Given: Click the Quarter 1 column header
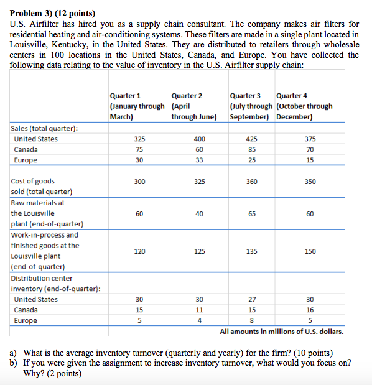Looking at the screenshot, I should point(125,96).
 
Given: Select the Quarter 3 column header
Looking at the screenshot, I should point(245,96).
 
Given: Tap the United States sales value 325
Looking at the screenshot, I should point(139,139).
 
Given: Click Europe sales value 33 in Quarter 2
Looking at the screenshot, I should point(199,160).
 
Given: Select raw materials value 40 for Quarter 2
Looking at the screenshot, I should point(199,213).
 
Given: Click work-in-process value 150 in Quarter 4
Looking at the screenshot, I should point(310,251).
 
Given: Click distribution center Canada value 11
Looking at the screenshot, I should point(199,310).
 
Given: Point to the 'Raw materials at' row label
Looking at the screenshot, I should point(38,202).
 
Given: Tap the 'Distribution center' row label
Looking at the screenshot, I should point(42,278).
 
